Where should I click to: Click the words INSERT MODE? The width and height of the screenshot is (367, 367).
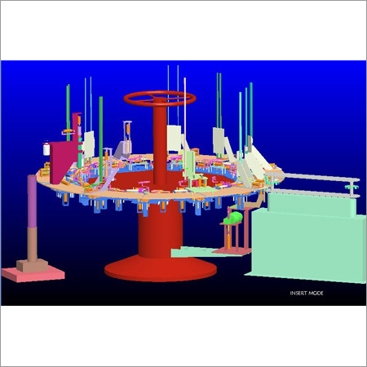click(307, 293)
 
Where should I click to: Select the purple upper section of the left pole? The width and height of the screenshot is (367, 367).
click(32, 201)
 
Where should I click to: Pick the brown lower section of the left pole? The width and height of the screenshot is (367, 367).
click(33, 244)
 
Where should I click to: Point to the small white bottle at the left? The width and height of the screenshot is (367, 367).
click(46, 148)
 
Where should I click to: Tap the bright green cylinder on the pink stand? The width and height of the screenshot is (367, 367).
click(233, 218)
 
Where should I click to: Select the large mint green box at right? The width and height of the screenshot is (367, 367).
click(308, 245)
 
